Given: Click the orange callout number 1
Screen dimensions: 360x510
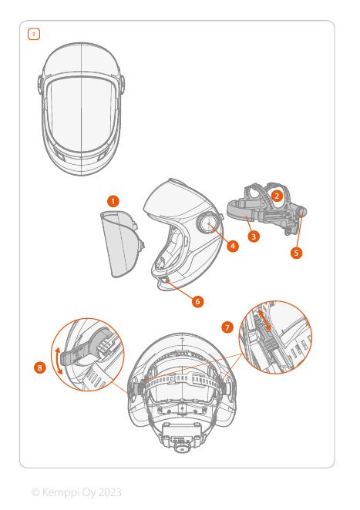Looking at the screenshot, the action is pyautogui.click(x=113, y=202).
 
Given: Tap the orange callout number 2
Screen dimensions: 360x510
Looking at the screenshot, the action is pyautogui.click(x=277, y=196).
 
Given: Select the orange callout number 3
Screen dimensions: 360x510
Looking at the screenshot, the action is pyautogui.click(x=254, y=237).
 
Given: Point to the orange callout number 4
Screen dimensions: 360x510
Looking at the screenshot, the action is pyautogui.click(x=232, y=247).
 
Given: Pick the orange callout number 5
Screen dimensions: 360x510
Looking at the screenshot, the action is pyautogui.click(x=296, y=253).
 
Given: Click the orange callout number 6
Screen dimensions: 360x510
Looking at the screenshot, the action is pyautogui.click(x=197, y=301).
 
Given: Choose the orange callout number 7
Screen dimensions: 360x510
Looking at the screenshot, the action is pyautogui.click(x=227, y=327).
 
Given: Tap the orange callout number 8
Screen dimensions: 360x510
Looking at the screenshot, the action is pyautogui.click(x=40, y=368).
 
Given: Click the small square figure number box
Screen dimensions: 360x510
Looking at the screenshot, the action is pyautogui.click(x=34, y=34).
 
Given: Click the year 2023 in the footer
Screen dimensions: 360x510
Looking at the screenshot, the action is pyautogui.click(x=109, y=492).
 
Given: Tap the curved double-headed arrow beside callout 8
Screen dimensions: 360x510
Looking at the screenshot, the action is pyautogui.click(x=58, y=361).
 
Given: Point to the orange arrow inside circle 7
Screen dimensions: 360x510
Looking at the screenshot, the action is pyautogui.click(x=264, y=320).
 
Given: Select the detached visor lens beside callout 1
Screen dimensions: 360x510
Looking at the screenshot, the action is pyautogui.click(x=121, y=244).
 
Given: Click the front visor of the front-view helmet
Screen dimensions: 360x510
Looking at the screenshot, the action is pyautogui.click(x=80, y=114).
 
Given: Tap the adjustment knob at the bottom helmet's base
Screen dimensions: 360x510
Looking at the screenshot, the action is pyautogui.click(x=181, y=448).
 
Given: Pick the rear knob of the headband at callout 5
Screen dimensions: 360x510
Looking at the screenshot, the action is pyautogui.click(x=303, y=212).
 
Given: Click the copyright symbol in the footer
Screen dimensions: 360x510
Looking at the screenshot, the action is pyautogui.click(x=35, y=492).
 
